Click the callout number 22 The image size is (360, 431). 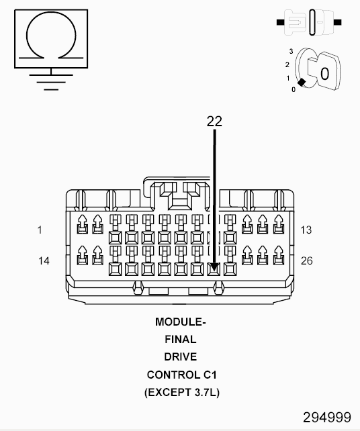tap(214, 121)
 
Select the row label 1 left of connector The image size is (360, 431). tap(40, 230)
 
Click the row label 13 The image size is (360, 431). tap(306, 230)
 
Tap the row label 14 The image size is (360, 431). tap(44, 260)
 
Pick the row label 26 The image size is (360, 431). tap(306, 260)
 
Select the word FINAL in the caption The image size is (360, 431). tap(181, 340)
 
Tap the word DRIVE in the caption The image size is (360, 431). tap(181, 356)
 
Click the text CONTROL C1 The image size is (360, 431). tap(181, 374)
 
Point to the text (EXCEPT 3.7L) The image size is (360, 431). tap(181, 391)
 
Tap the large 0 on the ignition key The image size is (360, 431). tap(324, 73)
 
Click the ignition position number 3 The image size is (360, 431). tap(291, 51)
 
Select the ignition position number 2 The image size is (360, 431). tap(287, 64)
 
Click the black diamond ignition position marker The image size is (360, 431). tap(302, 82)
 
